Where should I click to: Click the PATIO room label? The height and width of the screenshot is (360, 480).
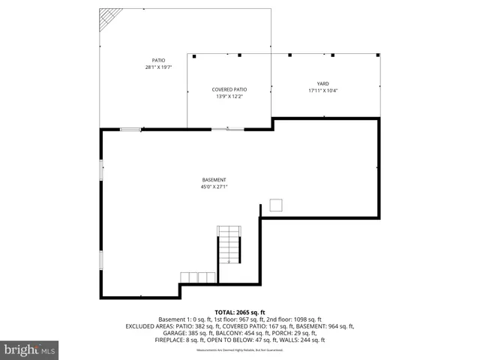click(x=158, y=60)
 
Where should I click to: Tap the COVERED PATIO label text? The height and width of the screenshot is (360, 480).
click(x=229, y=89)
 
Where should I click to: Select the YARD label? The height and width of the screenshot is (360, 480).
click(x=323, y=83)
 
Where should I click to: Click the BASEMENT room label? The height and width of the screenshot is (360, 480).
click(x=214, y=179)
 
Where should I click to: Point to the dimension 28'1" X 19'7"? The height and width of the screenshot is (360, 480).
click(x=158, y=67)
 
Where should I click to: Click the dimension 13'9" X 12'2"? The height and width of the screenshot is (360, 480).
click(x=229, y=96)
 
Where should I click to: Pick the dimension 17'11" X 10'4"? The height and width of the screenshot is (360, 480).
click(x=323, y=90)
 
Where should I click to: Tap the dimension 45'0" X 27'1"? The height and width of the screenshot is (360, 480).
click(x=214, y=187)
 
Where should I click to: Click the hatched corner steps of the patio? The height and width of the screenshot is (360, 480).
click(x=112, y=19)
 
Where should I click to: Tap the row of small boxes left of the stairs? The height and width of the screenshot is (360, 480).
click(x=202, y=277)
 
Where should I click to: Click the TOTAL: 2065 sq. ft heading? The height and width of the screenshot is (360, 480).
click(x=240, y=312)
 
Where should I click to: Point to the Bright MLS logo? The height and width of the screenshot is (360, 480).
click(x=30, y=349)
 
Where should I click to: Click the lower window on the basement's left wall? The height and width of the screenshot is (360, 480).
click(x=101, y=260)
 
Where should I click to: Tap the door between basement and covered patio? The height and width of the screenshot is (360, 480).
click(x=226, y=129)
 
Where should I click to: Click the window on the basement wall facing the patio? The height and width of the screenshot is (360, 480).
click(x=131, y=129)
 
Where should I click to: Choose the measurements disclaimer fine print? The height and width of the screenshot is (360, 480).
click(x=240, y=350)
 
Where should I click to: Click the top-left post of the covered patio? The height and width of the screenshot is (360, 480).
click(x=194, y=55)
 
